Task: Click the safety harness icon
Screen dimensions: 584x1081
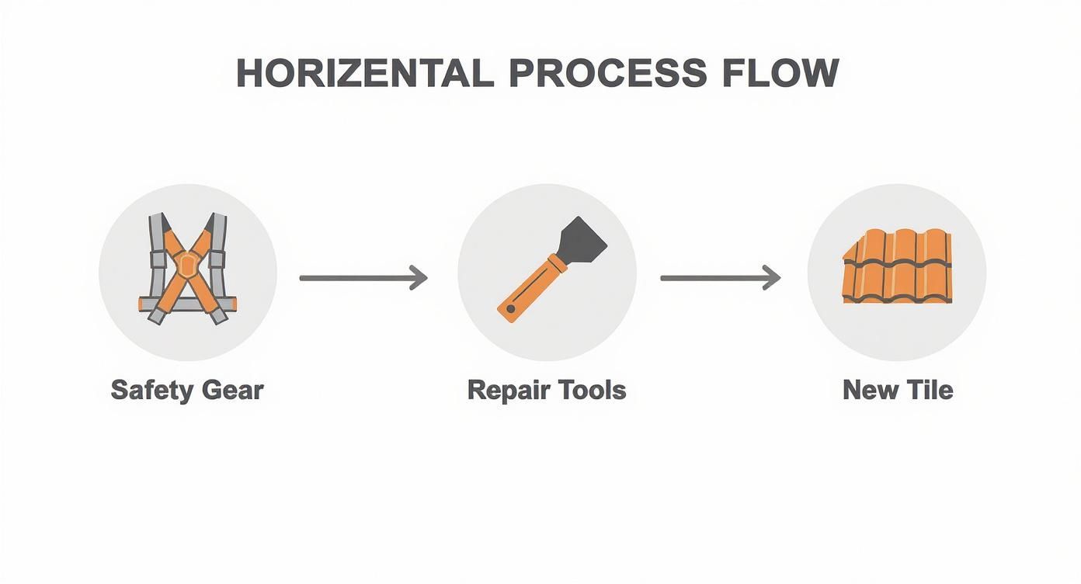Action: (187, 269)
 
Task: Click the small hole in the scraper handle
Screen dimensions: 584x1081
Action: (510, 309)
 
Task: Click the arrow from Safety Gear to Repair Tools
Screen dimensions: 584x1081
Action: (363, 277)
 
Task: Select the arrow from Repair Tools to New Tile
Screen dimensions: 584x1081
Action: (720, 277)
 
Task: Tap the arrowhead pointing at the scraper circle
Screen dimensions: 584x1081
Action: (419, 277)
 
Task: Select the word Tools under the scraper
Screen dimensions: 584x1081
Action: (593, 390)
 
